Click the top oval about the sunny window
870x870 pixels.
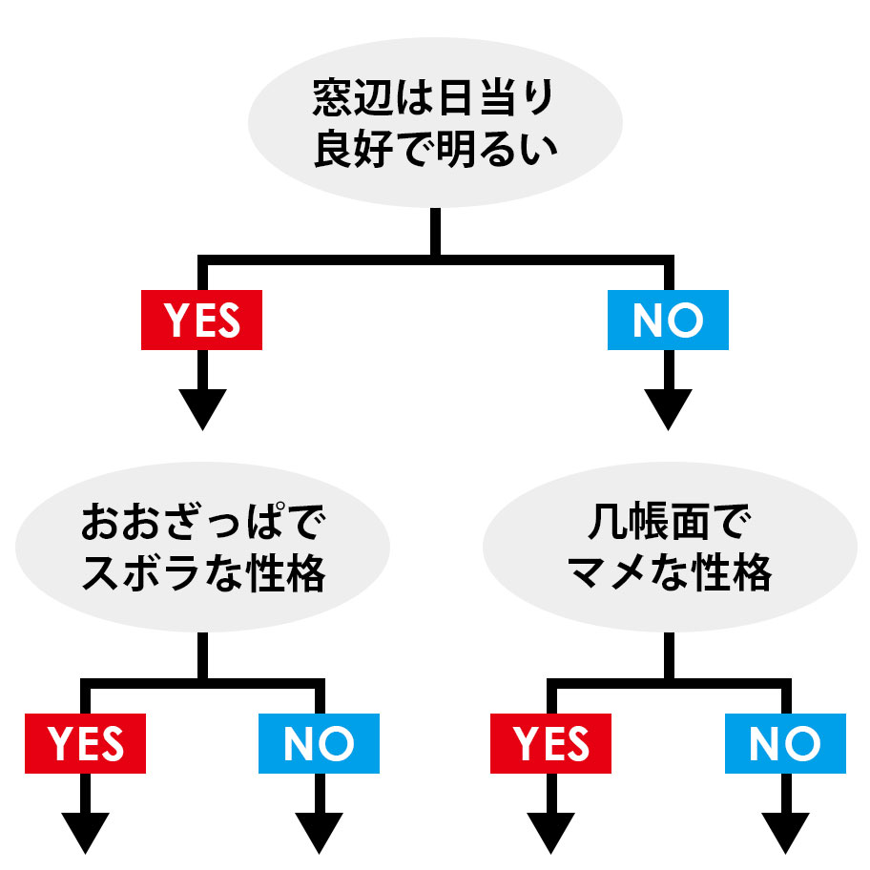pyautogui.click(x=435, y=122)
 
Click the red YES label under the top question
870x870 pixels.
pyautogui.click(x=201, y=321)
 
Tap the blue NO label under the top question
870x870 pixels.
pyautogui.click(x=668, y=321)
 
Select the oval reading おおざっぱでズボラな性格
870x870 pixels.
pyautogui.click(x=202, y=549)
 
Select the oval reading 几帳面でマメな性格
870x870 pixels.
pyautogui.click(x=668, y=549)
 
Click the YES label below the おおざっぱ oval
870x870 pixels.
pyautogui.click(x=86, y=743)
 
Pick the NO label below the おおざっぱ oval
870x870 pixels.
pyautogui.click(x=319, y=743)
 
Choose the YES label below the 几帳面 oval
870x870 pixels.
pyautogui.click(x=551, y=743)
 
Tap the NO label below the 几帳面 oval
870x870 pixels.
pyautogui.click(x=784, y=743)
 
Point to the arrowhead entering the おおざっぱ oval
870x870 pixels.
pyautogui.click(x=202, y=408)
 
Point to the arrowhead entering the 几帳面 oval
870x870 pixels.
pyautogui.click(x=668, y=408)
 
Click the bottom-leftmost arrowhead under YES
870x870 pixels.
pyautogui.click(x=86, y=832)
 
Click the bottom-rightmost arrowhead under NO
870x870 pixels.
pyautogui.click(x=785, y=832)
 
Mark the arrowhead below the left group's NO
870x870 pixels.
pyautogui.click(x=319, y=832)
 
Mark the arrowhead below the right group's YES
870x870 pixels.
pyautogui.click(x=551, y=832)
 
